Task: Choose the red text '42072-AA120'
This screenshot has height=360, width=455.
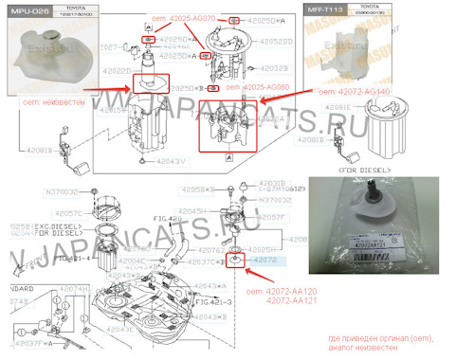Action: point(296,292)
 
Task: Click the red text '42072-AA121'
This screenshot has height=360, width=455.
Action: point(296,302)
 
